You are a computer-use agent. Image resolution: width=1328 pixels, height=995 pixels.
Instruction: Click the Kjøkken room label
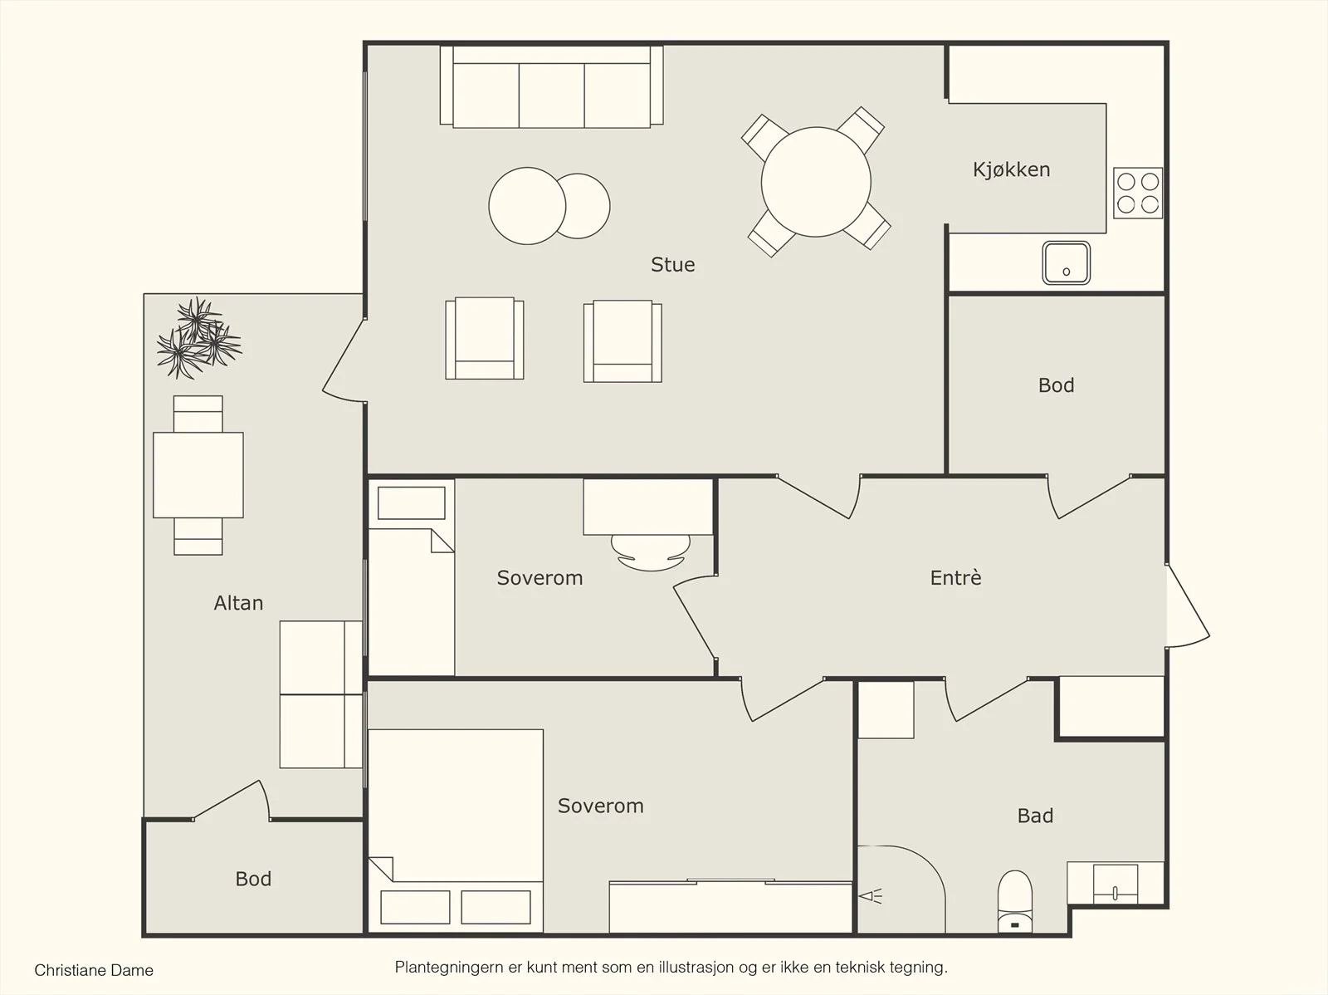1011,170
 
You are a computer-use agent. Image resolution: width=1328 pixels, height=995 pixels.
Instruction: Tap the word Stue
673,264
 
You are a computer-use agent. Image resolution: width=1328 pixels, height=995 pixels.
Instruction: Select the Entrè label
955,577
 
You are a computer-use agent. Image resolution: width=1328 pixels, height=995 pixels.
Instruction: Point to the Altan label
238,603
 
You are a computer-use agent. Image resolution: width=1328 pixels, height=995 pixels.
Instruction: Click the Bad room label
1035,816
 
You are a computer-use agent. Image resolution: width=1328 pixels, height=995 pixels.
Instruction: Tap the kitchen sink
1066,262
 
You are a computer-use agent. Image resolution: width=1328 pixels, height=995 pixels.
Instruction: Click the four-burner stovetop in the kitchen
1137,193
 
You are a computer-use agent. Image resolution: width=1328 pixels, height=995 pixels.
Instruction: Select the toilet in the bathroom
1014,901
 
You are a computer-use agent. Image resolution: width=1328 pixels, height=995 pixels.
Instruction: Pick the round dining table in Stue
816,182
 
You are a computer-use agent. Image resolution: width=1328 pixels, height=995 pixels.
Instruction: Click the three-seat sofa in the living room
551,86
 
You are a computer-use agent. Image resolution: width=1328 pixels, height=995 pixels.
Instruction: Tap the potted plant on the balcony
198,338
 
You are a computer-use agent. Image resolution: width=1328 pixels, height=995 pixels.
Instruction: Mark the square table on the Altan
198,475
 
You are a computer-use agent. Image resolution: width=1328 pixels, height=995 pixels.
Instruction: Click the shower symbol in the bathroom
871,895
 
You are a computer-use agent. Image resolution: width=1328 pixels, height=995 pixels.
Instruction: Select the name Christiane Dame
94,970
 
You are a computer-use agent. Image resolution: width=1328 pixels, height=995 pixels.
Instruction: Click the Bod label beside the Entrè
1056,385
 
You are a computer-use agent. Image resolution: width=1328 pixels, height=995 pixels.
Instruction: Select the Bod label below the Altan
253,879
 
